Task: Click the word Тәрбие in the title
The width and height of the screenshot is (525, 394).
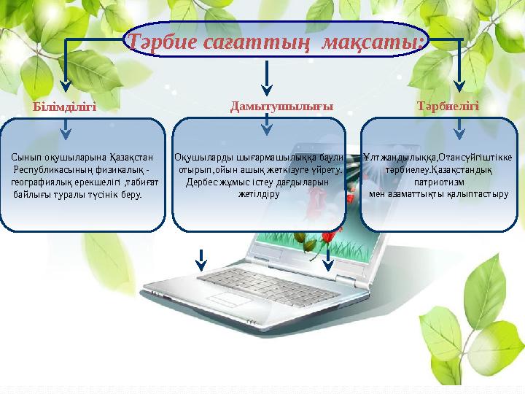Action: click(164, 42)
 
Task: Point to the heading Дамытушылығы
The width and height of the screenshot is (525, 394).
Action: click(281, 106)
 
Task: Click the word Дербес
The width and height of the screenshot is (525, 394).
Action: click(202, 182)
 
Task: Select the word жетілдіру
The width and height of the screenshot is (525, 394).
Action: click(259, 194)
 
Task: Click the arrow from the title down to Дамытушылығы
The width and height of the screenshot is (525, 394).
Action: click(268, 77)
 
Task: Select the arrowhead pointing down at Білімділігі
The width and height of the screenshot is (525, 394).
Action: click(64, 85)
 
